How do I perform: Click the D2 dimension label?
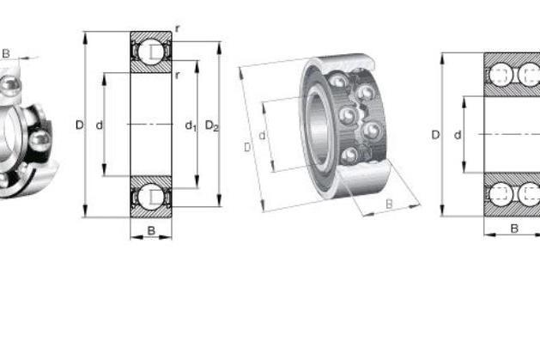(212, 126)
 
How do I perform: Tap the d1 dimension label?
(191, 126)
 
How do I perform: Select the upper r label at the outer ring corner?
(178, 29)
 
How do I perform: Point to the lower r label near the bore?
(178, 75)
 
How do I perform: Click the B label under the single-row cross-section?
(151, 230)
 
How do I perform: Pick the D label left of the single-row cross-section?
(79, 125)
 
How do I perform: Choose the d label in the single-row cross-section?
(100, 125)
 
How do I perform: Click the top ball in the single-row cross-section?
(151, 52)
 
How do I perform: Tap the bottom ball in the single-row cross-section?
(151, 197)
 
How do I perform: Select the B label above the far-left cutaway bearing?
(6, 53)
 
